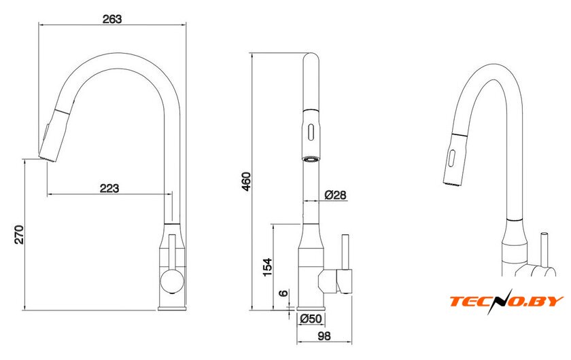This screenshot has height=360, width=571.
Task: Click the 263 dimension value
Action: (111, 18)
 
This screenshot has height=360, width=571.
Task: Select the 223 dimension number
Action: (109, 188)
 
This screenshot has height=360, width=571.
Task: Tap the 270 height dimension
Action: (19, 235)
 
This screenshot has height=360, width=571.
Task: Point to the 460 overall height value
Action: (247, 181)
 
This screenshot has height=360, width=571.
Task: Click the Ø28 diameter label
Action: (335, 195)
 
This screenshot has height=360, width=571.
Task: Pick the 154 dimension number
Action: (267, 267)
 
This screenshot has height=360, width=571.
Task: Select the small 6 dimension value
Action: (283, 293)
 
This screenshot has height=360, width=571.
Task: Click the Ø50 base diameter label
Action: (311, 319)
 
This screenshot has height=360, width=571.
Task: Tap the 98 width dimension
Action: (324, 336)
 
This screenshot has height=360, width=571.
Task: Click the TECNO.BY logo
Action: (506, 301)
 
